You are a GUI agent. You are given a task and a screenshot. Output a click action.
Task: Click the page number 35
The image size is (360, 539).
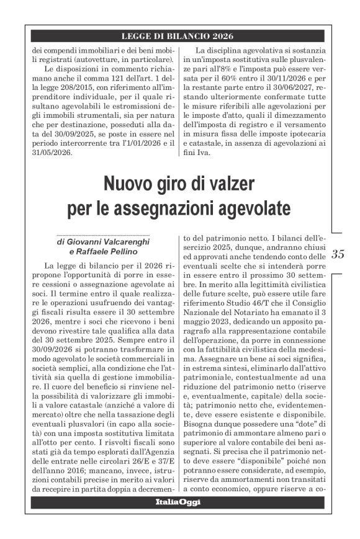(x=338, y=254)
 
